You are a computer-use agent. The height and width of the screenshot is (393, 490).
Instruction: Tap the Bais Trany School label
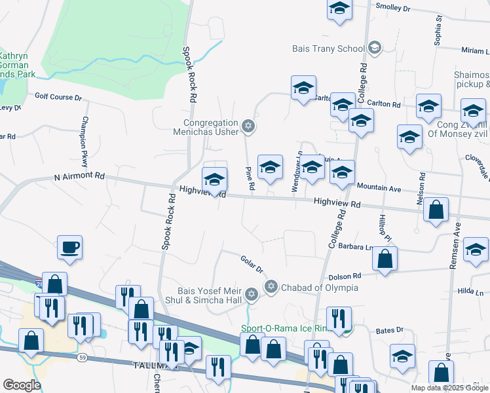point(328,48)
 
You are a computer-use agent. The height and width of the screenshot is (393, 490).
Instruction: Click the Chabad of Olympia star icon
point(271,287)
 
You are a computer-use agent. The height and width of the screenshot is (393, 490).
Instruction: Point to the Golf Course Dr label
point(58,98)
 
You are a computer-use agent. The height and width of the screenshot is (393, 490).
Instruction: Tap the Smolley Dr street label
point(392,9)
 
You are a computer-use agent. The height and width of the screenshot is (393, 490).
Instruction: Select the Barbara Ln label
point(360,248)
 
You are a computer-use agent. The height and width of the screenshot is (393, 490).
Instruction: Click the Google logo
point(22,385)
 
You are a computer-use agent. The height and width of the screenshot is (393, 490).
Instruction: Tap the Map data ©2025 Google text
point(449,388)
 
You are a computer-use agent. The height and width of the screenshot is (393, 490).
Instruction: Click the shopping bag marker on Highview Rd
point(436,211)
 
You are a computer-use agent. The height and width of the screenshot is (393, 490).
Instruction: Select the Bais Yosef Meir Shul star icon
point(251,295)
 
